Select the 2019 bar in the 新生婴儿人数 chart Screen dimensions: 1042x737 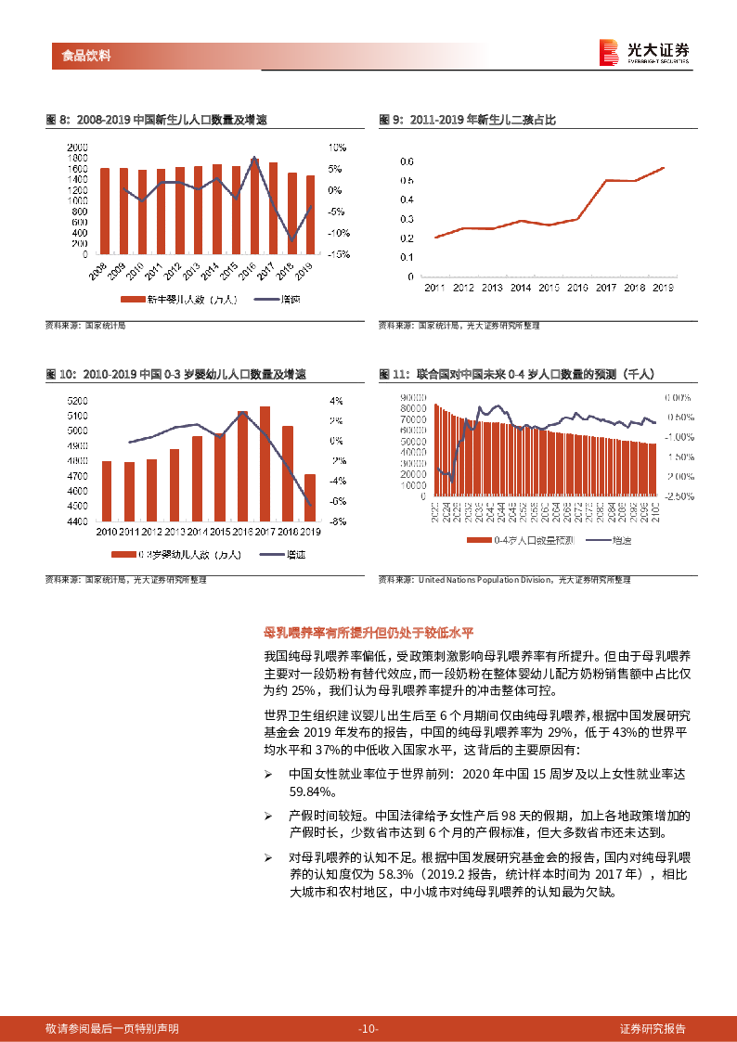click(x=310, y=214)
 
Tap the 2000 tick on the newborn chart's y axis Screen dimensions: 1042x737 click(x=78, y=148)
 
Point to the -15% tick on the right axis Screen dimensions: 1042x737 click(x=338, y=253)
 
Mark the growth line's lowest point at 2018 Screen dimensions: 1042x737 click(x=291, y=240)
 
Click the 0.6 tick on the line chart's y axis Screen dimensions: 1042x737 click(x=406, y=161)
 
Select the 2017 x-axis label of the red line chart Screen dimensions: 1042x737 click(x=605, y=289)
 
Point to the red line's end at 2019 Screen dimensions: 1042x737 click(x=664, y=168)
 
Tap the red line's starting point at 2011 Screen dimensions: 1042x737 click(x=434, y=238)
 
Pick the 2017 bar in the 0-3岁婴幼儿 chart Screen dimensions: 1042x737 click(x=265, y=464)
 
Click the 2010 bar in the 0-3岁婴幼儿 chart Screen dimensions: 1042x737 click(x=107, y=491)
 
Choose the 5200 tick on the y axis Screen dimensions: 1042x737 click(x=78, y=401)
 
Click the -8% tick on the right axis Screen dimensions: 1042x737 click(x=338, y=521)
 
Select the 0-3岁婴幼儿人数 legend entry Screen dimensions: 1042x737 click(x=175, y=555)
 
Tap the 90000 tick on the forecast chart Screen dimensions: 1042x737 click(x=413, y=397)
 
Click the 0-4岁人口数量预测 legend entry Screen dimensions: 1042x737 click(x=520, y=540)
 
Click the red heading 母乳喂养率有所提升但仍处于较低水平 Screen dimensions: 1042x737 click(x=368, y=634)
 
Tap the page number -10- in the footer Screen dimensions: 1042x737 click(x=368, y=1029)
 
